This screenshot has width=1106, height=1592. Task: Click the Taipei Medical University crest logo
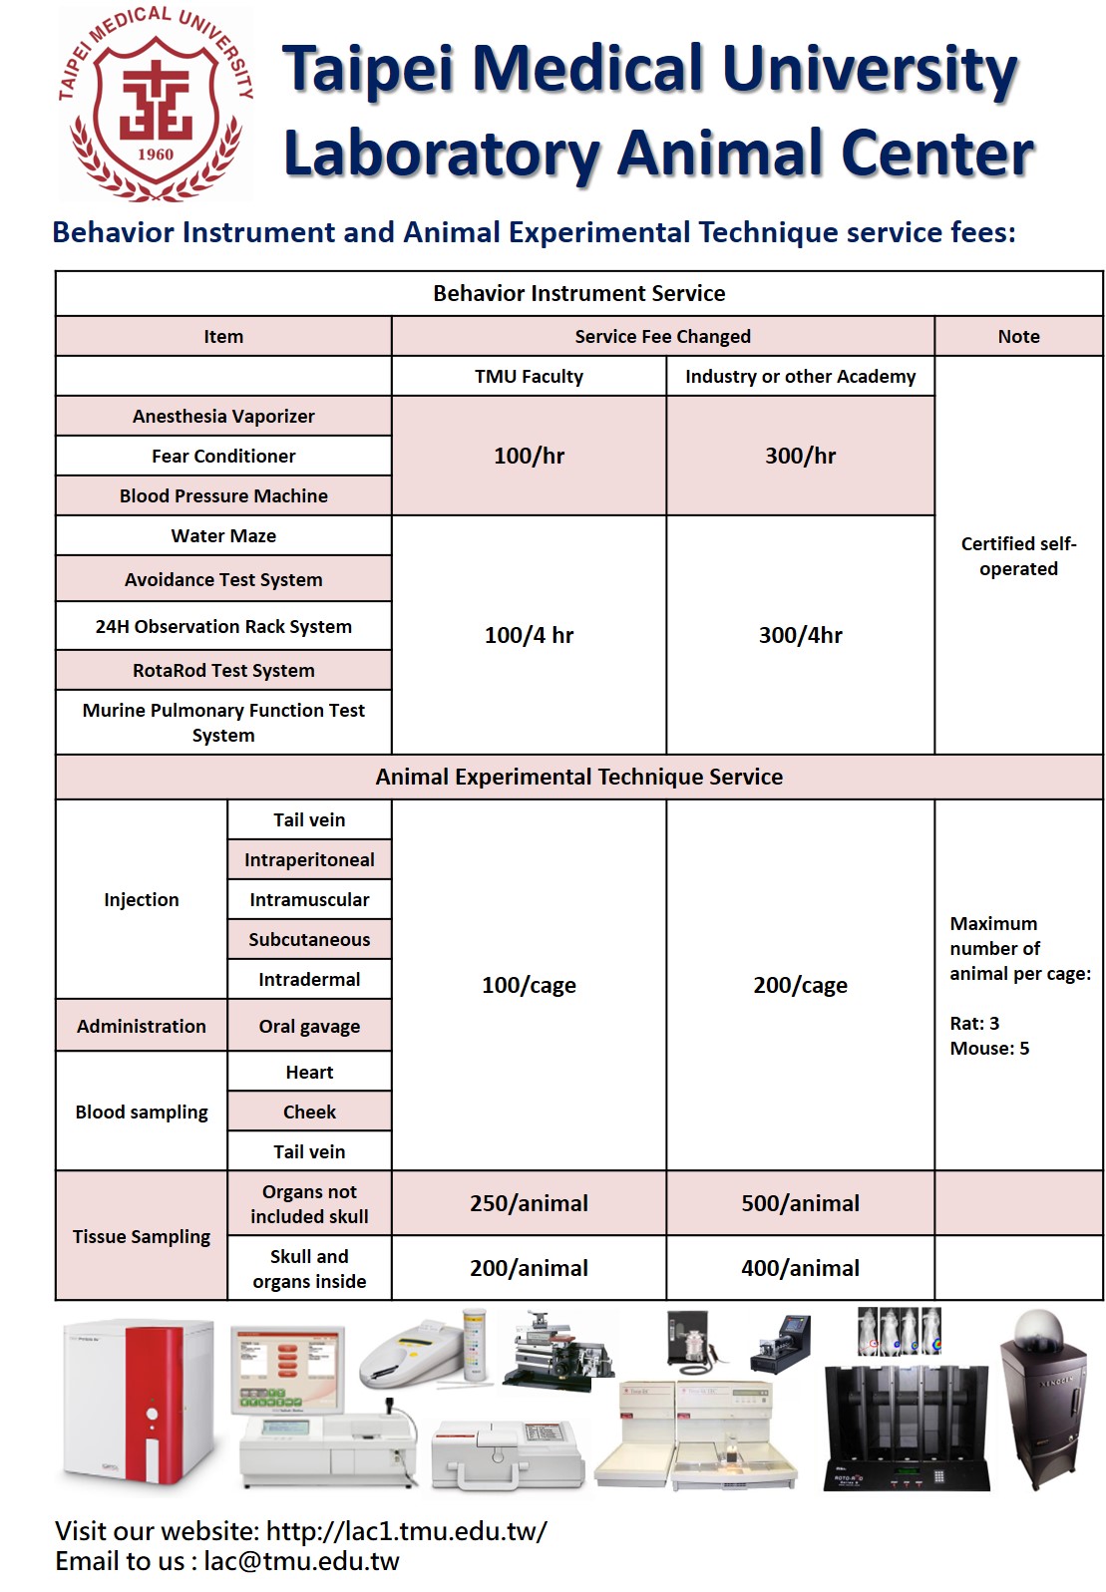point(156,105)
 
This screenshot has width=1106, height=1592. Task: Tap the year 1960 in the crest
point(156,155)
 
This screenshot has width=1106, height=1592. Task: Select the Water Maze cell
point(223,535)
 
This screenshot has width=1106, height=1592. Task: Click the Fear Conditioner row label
point(223,456)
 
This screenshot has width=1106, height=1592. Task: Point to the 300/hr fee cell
point(800,456)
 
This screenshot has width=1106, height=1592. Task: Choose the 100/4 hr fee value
point(529,635)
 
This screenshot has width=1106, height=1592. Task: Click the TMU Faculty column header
point(529,376)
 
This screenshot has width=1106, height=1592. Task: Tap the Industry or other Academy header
point(800,376)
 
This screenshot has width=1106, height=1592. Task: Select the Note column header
point(1018,336)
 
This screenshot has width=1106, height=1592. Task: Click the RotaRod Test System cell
point(223,670)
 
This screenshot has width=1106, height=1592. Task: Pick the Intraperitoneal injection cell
point(309,859)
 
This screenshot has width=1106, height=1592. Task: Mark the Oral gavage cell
point(309,1026)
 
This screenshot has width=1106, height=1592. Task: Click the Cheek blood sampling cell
point(309,1112)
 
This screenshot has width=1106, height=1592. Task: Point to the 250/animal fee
point(529,1203)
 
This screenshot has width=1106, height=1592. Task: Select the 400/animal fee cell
point(800,1268)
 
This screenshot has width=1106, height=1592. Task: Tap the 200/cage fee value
point(800,985)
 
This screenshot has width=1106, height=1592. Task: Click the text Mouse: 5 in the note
point(989,1048)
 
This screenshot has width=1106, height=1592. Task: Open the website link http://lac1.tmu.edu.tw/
point(407,1531)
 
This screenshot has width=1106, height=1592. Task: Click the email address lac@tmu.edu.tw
point(301,1561)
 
